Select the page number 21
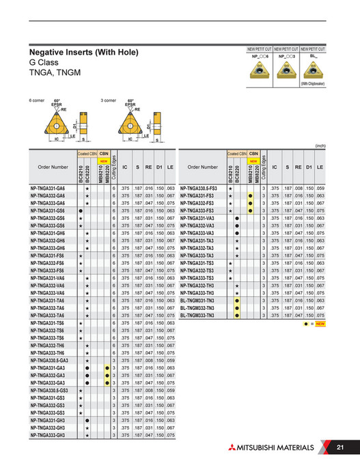[x=340, y=447]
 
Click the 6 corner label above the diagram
[x=36, y=100]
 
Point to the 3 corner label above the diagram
[x=108, y=100]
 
